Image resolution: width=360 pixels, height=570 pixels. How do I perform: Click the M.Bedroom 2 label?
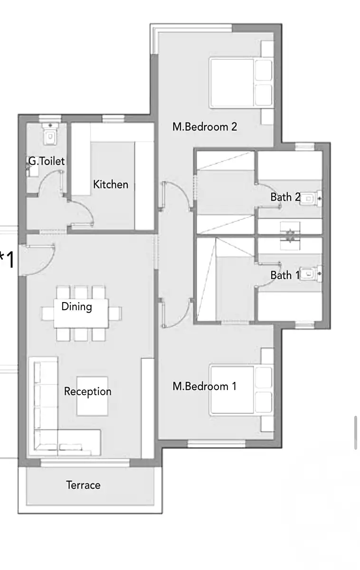click(x=205, y=127)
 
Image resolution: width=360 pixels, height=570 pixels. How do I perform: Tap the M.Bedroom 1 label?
click(x=204, y=386)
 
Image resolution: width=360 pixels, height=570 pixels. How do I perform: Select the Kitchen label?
click(x=111, y=184)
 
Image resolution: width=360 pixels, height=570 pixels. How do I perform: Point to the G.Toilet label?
click(x=47, y=161)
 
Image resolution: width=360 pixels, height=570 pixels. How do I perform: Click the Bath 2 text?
click(x=285, y=197)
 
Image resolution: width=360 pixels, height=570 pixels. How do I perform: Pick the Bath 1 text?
click(x=285, y=275)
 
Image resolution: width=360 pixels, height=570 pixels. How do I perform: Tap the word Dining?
click(x=76, y=307)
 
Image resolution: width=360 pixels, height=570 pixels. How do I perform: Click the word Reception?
click(x=88, y=391)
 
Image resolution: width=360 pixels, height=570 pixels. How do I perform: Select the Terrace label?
click(x=83, y=485)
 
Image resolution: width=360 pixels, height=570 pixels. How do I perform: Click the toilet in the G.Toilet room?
click(x=50, y=134)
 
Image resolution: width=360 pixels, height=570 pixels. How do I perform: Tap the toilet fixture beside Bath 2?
click(x=311, y=198)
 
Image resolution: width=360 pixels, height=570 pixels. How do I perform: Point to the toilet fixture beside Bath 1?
click(x=311, y=274)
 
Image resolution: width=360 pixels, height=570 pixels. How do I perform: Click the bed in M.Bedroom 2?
click(x=241, y=83)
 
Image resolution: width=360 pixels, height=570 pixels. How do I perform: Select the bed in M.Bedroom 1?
click(x=241, y=390)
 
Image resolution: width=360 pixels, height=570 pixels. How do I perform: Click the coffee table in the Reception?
click(x=92, y=396)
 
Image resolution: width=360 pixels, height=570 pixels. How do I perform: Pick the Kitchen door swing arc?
click(x=86, y=209)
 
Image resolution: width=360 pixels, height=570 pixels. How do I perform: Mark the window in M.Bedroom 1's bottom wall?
click(x=217, y=444)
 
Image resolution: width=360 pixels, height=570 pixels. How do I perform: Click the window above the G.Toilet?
click(x=50, y=119)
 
